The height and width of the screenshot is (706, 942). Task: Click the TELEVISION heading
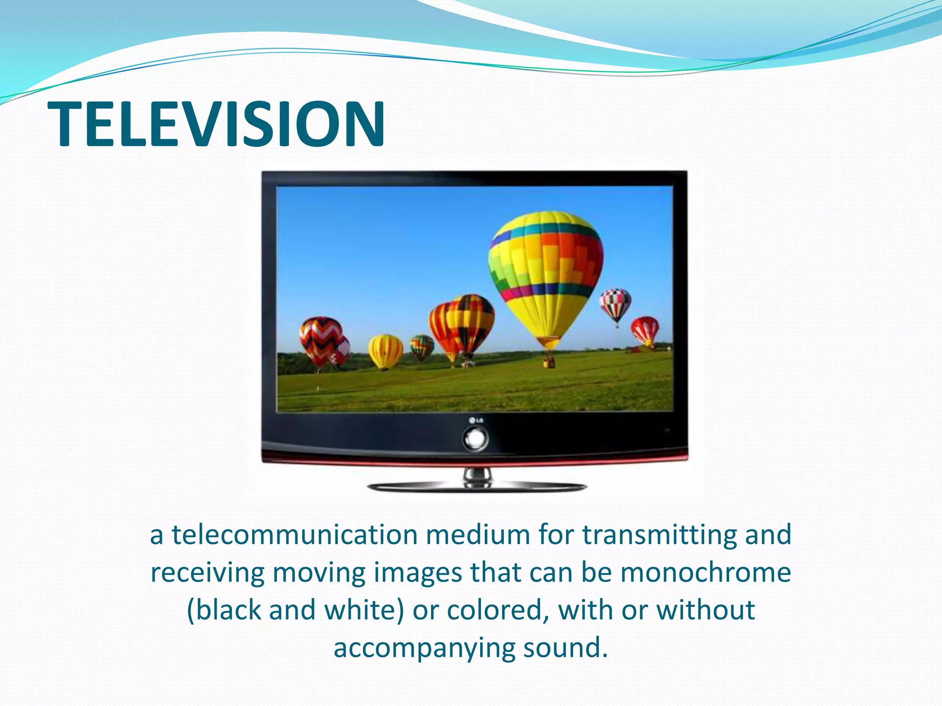[x=216, y=125]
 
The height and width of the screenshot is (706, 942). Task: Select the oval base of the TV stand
[x=477, y=487]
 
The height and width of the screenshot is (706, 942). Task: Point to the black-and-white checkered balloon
[x=615, y=304]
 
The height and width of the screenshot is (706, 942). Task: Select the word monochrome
[x=706, y=573]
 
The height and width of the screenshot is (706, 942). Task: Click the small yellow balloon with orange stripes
[x=385, y=351]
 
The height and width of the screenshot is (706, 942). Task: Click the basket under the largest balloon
[x=548, y=363]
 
